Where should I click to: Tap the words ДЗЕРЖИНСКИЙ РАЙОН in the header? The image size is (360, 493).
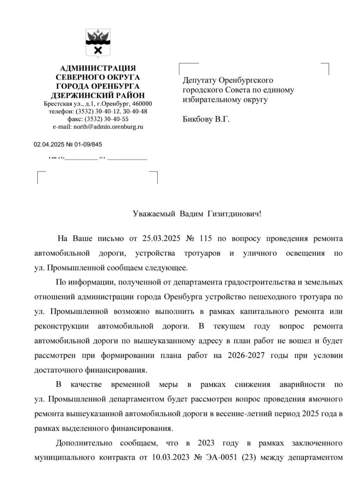pyautogui.click(x=98, y=95)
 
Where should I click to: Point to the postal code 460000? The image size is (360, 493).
pyautogui.click(x=141, y=104)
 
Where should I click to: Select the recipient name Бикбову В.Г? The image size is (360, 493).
pyautogui.click(x=206, y=119)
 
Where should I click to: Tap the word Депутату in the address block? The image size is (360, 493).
pyautogui.click(x=199, y=80)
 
